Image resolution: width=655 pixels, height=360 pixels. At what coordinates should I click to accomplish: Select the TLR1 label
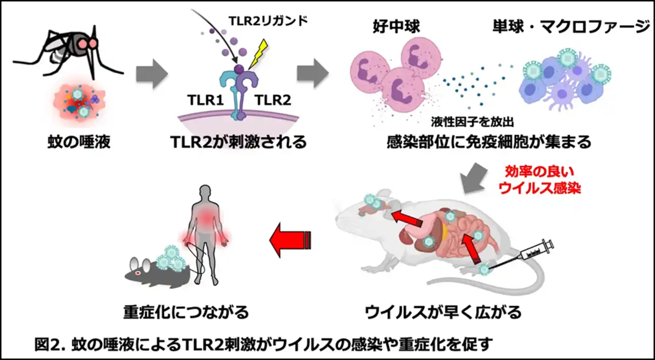point(203,100)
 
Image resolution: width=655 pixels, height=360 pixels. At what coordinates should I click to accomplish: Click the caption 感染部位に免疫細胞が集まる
point(489,141)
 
